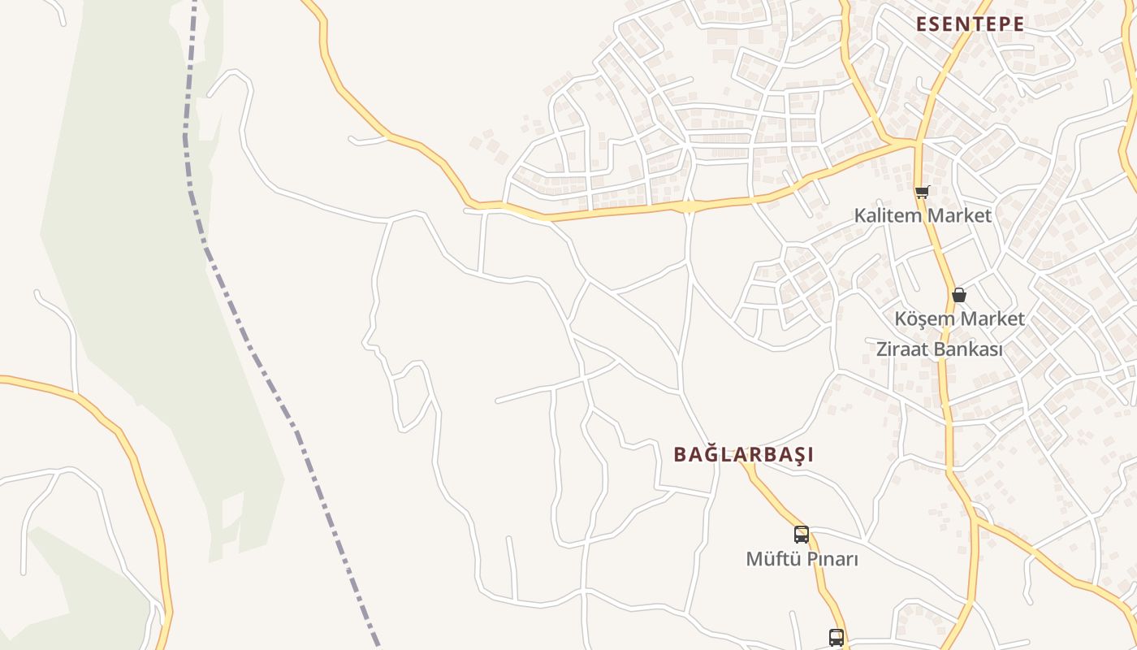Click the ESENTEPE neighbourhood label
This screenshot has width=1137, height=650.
[970, 24]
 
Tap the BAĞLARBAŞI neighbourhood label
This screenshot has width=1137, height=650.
[743, 454]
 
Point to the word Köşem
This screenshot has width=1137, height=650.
[924, 318]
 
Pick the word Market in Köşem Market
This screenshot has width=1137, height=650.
[992, 318]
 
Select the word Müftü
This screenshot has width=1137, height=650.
[772, 559]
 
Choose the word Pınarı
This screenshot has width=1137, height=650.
[830, 559]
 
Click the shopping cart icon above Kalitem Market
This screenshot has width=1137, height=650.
[922, 193]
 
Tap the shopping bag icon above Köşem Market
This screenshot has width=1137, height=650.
[959, 294]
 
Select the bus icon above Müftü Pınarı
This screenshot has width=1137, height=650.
[802, 534]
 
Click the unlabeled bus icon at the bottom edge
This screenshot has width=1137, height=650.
[837, 638]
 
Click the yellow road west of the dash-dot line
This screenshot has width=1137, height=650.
[130, 455]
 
